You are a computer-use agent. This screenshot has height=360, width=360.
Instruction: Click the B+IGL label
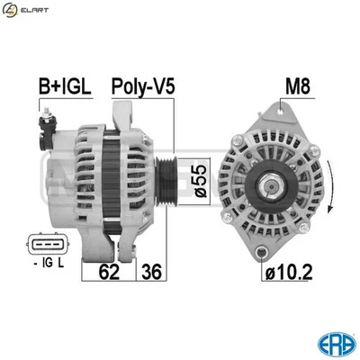[63, 86]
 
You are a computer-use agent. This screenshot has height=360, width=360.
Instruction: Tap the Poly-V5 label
[142, 86]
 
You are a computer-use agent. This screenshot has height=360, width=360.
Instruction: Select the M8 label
[296, 86]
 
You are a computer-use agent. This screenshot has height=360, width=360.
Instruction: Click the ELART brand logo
[24, 11]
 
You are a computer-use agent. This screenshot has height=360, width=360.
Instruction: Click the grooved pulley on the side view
[166, 179]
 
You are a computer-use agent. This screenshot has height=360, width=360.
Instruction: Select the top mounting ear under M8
[284, 111]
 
